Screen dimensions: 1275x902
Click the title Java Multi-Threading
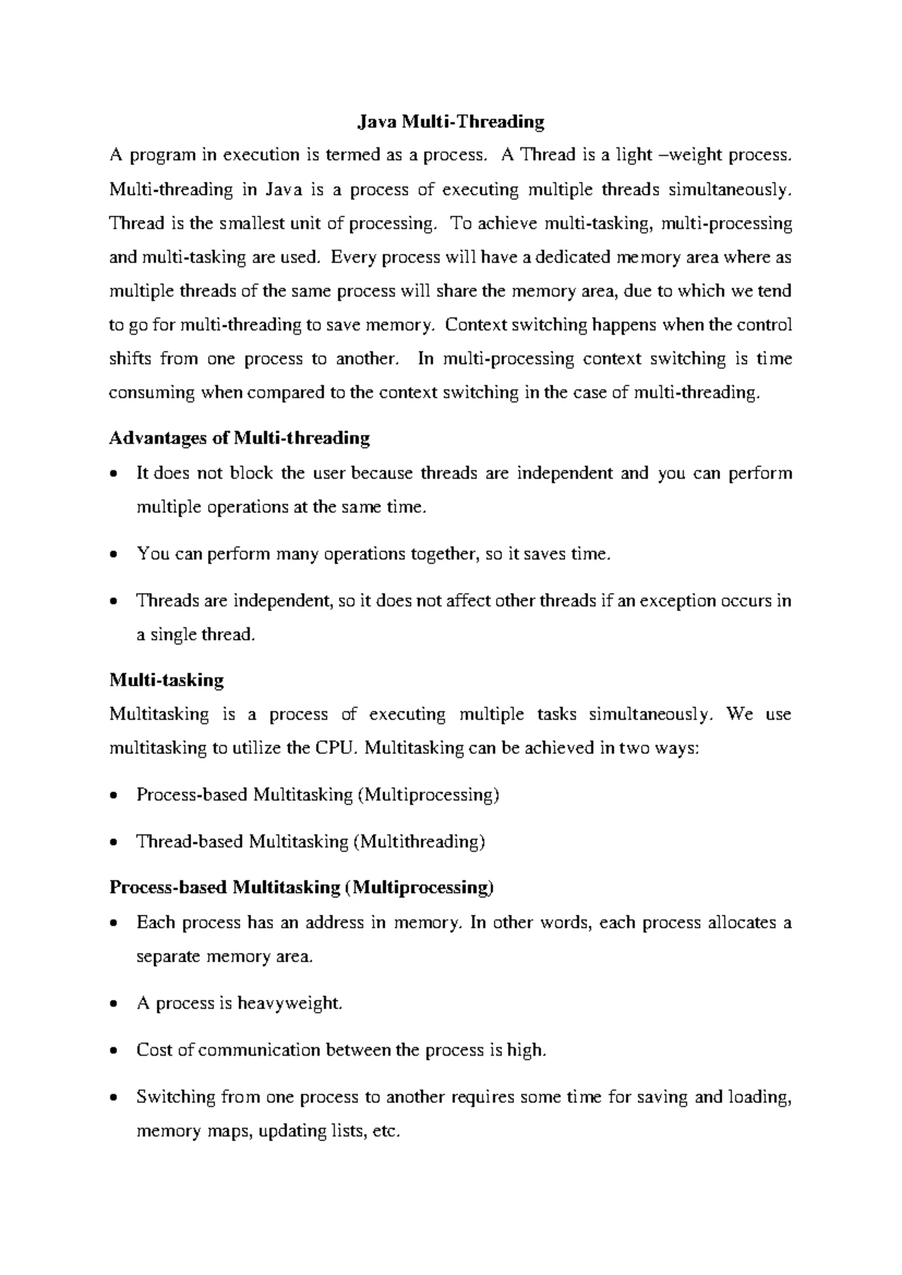(450, 121)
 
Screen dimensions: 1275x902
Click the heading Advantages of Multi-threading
(239, 438)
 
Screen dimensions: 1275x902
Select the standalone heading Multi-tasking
(166, 680)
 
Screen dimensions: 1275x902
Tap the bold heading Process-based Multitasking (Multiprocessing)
(301, 888)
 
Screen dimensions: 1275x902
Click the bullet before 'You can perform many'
(114, 556)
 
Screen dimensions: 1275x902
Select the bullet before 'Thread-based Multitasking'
(114, 843)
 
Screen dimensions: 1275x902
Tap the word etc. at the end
(384, 1132)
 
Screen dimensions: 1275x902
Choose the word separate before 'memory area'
(168, 957)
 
